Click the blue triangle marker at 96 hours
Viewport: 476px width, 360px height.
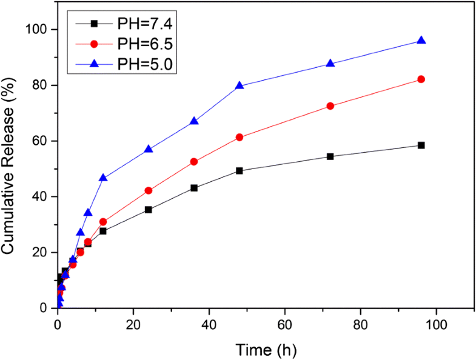pyautogui.click(x=421, y=41)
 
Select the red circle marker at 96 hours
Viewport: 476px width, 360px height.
pyautogui.click(x=421, y=79)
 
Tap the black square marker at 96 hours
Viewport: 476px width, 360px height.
pyautogui.click(x=421, y=145)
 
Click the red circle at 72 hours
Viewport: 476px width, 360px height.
pyautogui.click(x=330, y=106)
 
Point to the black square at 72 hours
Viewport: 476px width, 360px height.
pyautogui.click(x=330, y=156)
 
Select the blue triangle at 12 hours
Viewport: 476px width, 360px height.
pyautogui.click(x=103, y=178)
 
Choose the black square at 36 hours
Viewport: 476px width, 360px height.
pyautogui.click(x=194, y=188)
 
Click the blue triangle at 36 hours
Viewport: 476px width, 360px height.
pyautogui.click(x=194, y=121)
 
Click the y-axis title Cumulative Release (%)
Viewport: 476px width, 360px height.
pyautogui.click(x=12, y=169)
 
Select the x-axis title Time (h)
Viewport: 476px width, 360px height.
pyautogui.click(x=267, y=350)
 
